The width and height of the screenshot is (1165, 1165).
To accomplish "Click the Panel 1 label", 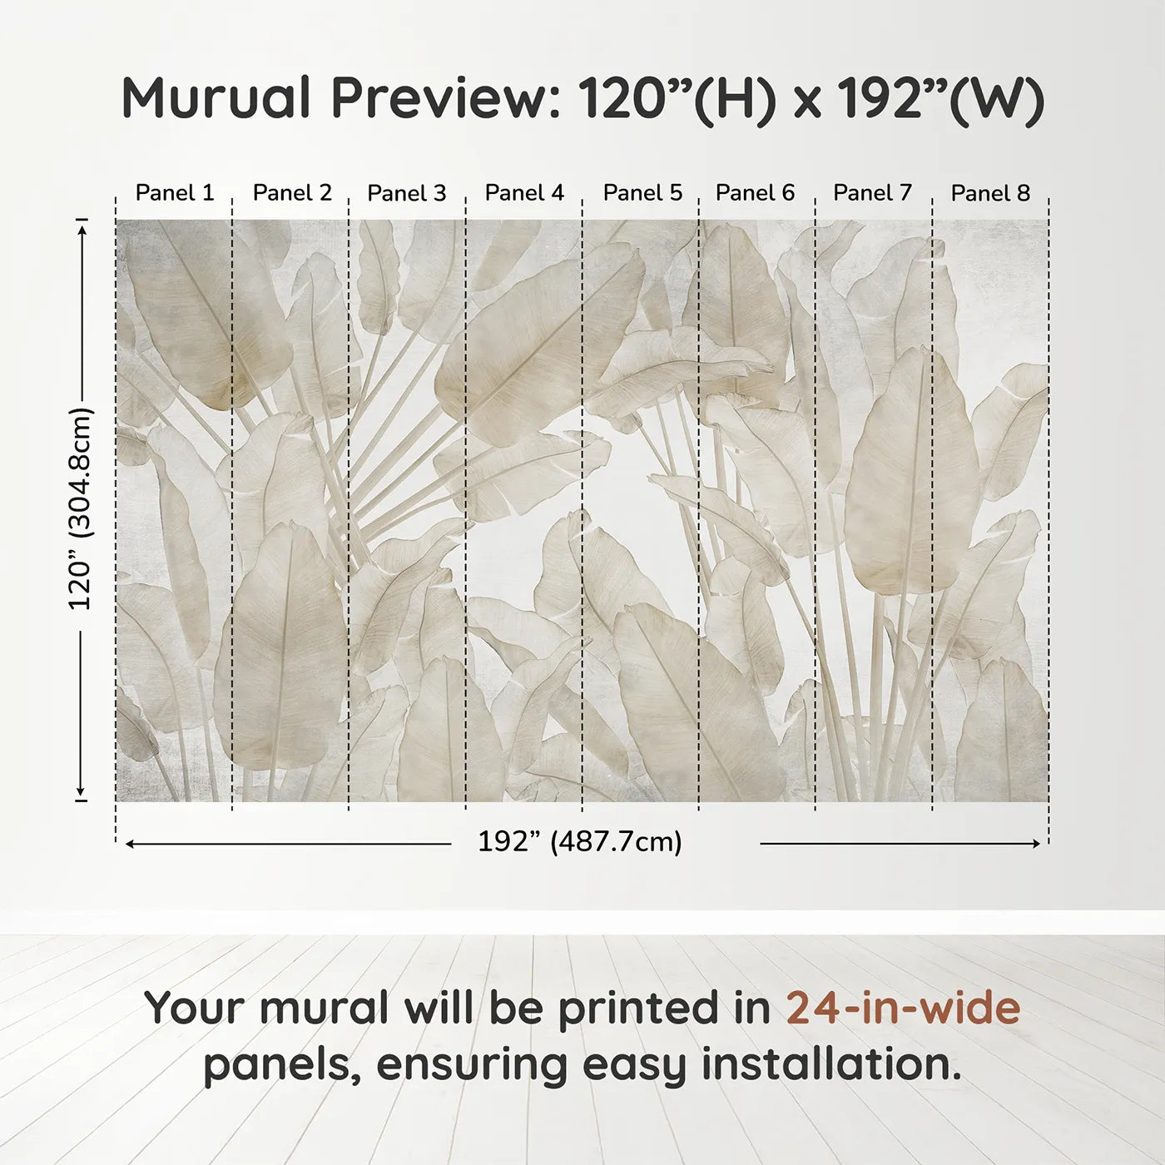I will (x=175, y=193).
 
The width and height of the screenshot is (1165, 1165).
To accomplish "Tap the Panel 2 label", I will (x=292, y=193).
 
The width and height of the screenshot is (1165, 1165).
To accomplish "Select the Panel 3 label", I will (x=407, y=193).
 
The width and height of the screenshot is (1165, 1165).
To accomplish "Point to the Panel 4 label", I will (x=524, y=193).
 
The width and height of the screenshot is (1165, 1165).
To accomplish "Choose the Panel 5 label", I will (x=642, y=193).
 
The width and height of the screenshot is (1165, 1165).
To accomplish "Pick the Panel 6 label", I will (x=755, y=193).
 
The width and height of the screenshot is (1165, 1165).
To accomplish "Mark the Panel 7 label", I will (x=872, y=193).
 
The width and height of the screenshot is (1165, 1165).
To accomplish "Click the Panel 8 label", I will (x=990, y=193).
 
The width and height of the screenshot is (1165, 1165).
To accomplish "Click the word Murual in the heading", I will (x=216, y=98).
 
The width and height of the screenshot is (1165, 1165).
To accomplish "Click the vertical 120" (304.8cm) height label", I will (x=81, y=508).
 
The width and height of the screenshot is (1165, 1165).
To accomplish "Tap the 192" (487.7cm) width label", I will (x=579, y=842).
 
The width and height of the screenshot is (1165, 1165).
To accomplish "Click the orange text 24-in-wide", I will (x=903, y=1008).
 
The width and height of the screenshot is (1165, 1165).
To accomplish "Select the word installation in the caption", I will (x=830, y=1064).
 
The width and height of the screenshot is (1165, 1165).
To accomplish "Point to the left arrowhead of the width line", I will (x=129, y=844).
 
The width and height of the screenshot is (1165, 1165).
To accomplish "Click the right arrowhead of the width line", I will (x=1037, y=844).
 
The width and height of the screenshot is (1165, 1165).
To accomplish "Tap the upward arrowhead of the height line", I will (x=82, y=229).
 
